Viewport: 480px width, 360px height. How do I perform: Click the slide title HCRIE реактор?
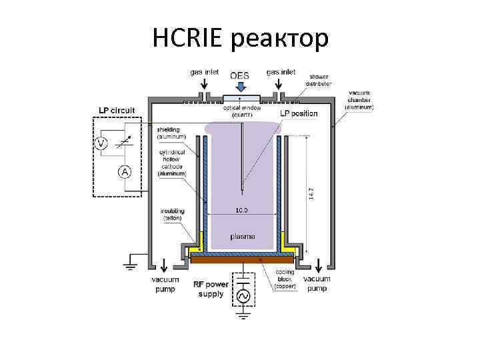[240, 38]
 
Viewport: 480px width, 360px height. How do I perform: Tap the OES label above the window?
[240, 75]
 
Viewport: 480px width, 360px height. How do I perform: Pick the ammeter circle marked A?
[124, 171]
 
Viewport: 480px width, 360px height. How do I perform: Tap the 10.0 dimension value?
[241, 210]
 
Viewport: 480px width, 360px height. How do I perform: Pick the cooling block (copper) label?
[287, 279]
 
